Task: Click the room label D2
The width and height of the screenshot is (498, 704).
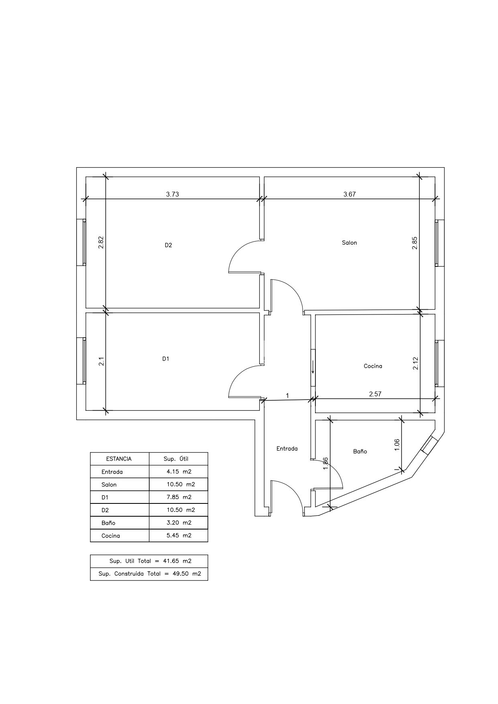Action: tap(168, 245)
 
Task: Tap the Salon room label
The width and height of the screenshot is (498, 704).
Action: tap(349, 243)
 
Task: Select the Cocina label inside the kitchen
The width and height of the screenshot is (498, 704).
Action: tap(373, 366)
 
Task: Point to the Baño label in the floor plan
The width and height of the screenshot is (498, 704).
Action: tap(360, 451)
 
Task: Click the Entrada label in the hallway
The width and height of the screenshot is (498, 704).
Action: tap(287, 448)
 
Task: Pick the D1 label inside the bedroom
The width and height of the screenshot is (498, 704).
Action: tap(166, 359)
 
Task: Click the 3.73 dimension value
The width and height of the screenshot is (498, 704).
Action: tap(173, 194)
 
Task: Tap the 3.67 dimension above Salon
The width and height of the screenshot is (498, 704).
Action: tap(350, 194)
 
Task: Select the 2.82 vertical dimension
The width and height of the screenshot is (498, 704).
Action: tap(101, 242)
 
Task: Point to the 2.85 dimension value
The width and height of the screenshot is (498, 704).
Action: tap(415, 243)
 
